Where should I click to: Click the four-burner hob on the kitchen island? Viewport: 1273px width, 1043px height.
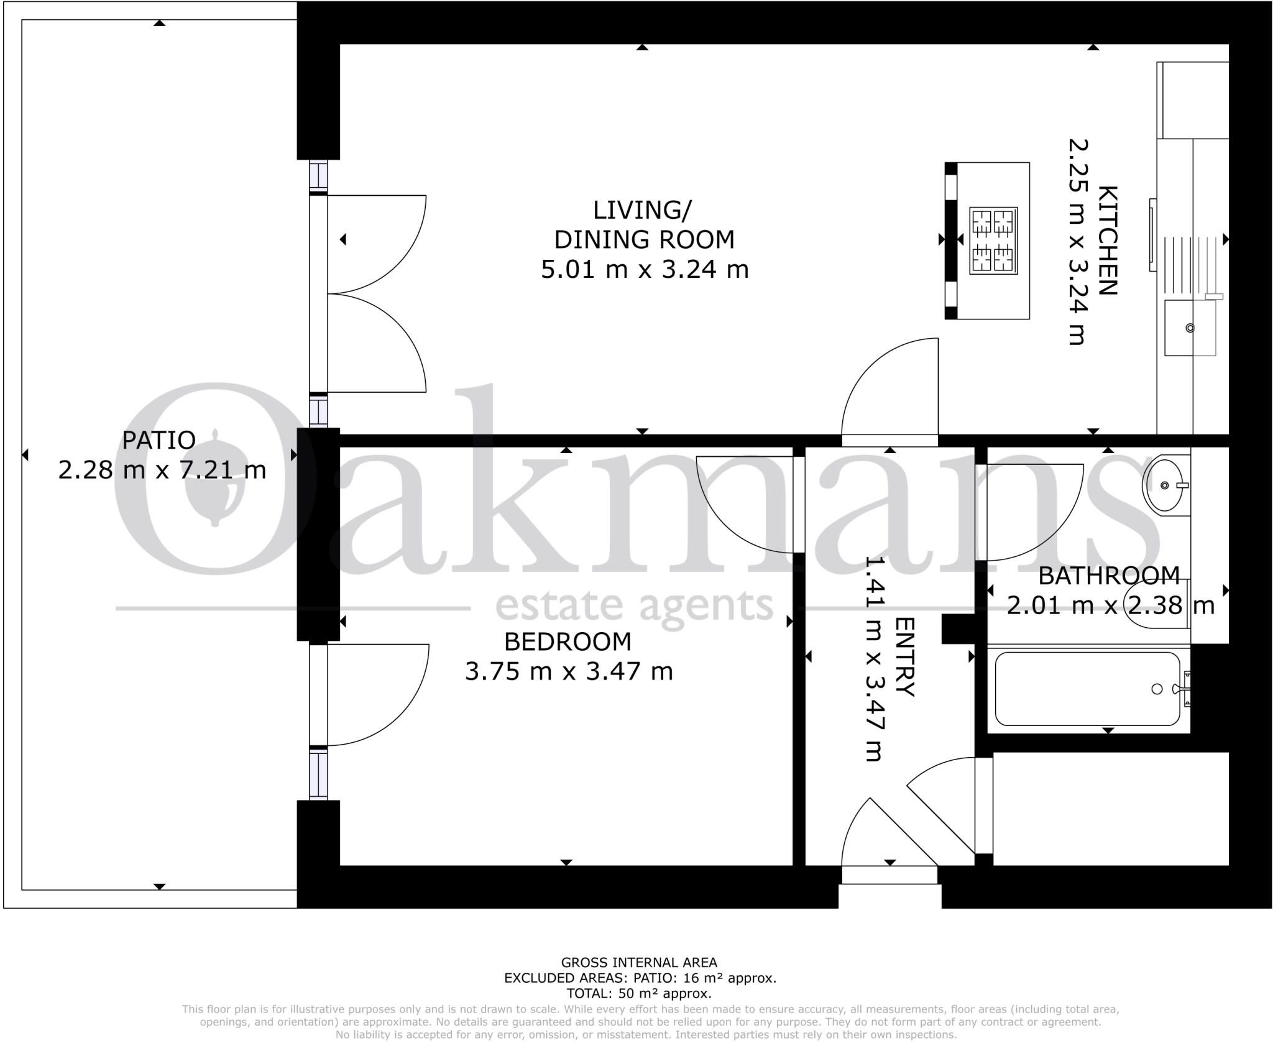pyautogui.click(x=994, y=241)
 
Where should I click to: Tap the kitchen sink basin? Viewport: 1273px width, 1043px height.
pyautogui.click(x=1189, y=328)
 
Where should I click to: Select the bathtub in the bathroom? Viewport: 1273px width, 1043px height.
pyautogui.click(x=1088, y=689)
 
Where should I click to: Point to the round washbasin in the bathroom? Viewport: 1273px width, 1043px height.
pyautogui.click(x=1165, y=484)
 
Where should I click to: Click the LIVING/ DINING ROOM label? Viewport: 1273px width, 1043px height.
pyautogui.click(x=643, y=224)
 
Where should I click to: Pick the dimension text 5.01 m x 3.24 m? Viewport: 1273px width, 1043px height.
pyautogui.click(x=645, y=270)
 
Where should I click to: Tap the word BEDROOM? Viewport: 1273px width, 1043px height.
pyautogui.click(x=568, y=641)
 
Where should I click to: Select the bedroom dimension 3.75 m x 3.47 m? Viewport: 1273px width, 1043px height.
pyautogui.click(x=569, y=672)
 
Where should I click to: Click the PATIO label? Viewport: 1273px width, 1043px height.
pyautogui.click(x=159, y=440)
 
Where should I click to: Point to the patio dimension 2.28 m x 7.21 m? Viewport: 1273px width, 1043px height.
pyautogui.click(x=162, y=470)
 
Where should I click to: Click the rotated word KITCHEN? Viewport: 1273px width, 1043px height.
pyautogui.click(x=1108, y=241)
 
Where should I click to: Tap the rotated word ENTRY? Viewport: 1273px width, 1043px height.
pyautogui.click(x=905, y=657)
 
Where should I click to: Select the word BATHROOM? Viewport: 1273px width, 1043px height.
pyautogui.click(x=1109, y=576)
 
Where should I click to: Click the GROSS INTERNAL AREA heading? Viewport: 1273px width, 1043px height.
pyautogui.click(x=639, y=963)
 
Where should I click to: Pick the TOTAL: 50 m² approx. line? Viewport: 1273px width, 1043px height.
pyautogui.click(x=639, y=993)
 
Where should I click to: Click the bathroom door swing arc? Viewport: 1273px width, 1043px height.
pyautogui.click(x=1032, y=510)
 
